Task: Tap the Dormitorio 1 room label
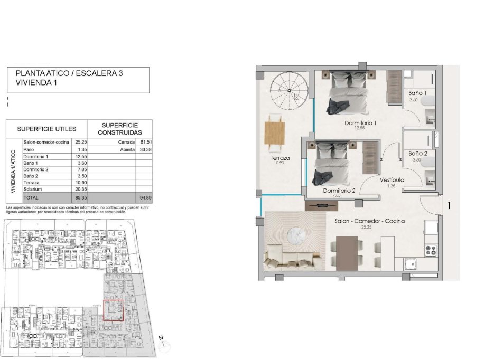360,123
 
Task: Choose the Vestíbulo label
392,180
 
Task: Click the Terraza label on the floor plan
279,158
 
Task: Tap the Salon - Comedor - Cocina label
369,221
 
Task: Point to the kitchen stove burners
431,249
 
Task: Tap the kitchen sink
410,263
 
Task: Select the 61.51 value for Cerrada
144,142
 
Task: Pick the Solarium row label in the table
33,189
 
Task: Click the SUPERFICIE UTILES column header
46,129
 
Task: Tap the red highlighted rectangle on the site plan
113,310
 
